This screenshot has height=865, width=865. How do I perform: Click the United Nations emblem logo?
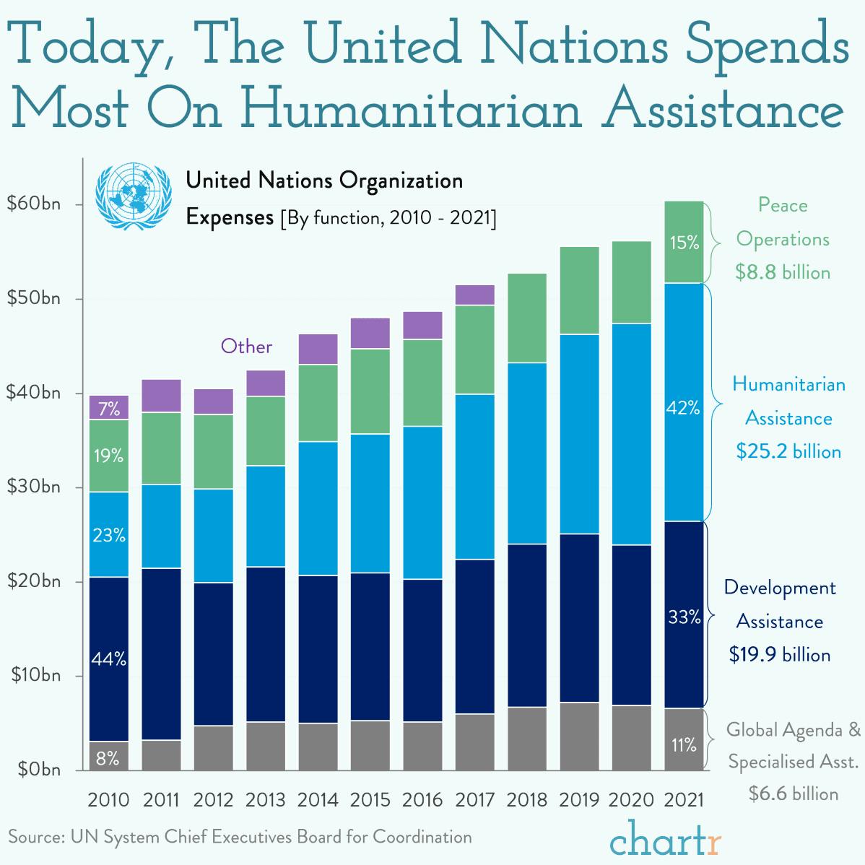point(134,196)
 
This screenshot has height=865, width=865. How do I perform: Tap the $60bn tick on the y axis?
point(34,204)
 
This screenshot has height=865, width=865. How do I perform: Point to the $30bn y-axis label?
point(34,487)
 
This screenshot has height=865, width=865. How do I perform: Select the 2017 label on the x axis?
point(474,800)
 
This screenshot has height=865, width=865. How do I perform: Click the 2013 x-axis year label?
point(265,800)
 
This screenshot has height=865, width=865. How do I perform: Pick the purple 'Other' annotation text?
point(246,347)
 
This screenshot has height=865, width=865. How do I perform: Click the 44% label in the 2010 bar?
point(109,659)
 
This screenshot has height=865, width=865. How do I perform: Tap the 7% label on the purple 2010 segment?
point(109,409)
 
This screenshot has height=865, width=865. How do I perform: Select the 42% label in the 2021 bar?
point(683,409)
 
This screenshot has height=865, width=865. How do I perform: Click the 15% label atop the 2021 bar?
point(683,243)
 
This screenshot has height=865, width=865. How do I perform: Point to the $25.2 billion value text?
point(788,452)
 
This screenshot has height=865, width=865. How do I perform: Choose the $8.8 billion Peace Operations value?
point(783,272)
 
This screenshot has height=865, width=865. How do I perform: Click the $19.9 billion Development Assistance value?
point(779,655)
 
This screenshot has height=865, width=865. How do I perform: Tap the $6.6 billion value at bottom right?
point(793,794)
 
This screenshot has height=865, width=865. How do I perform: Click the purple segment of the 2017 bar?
point(474,295)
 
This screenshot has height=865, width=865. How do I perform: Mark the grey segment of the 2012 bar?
point(213,747)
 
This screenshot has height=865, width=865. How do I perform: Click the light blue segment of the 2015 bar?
point(370,503)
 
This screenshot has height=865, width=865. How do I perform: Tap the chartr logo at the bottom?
point(666,838)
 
